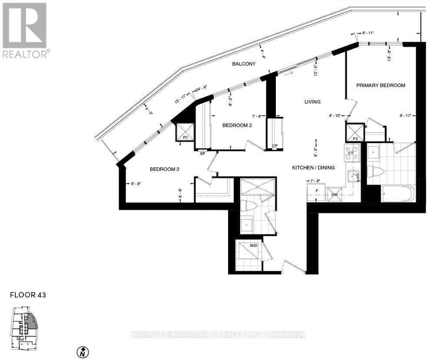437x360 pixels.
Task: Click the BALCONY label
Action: click(243, 64)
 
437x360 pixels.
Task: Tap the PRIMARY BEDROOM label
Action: click(381, 85)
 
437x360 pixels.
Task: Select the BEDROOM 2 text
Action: click(237, 125)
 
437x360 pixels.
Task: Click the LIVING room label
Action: click(312, 102)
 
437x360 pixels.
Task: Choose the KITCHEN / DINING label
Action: click(313, 167)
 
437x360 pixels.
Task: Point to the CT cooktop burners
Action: click(352, 153)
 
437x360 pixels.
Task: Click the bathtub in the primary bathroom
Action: click(398, 194)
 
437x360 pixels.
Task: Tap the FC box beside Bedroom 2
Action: click(185, 132)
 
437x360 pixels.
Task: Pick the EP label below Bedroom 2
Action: click(202, 153)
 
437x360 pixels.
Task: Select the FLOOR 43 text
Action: click(28, 295)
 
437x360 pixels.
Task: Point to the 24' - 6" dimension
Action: click(203, 89)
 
